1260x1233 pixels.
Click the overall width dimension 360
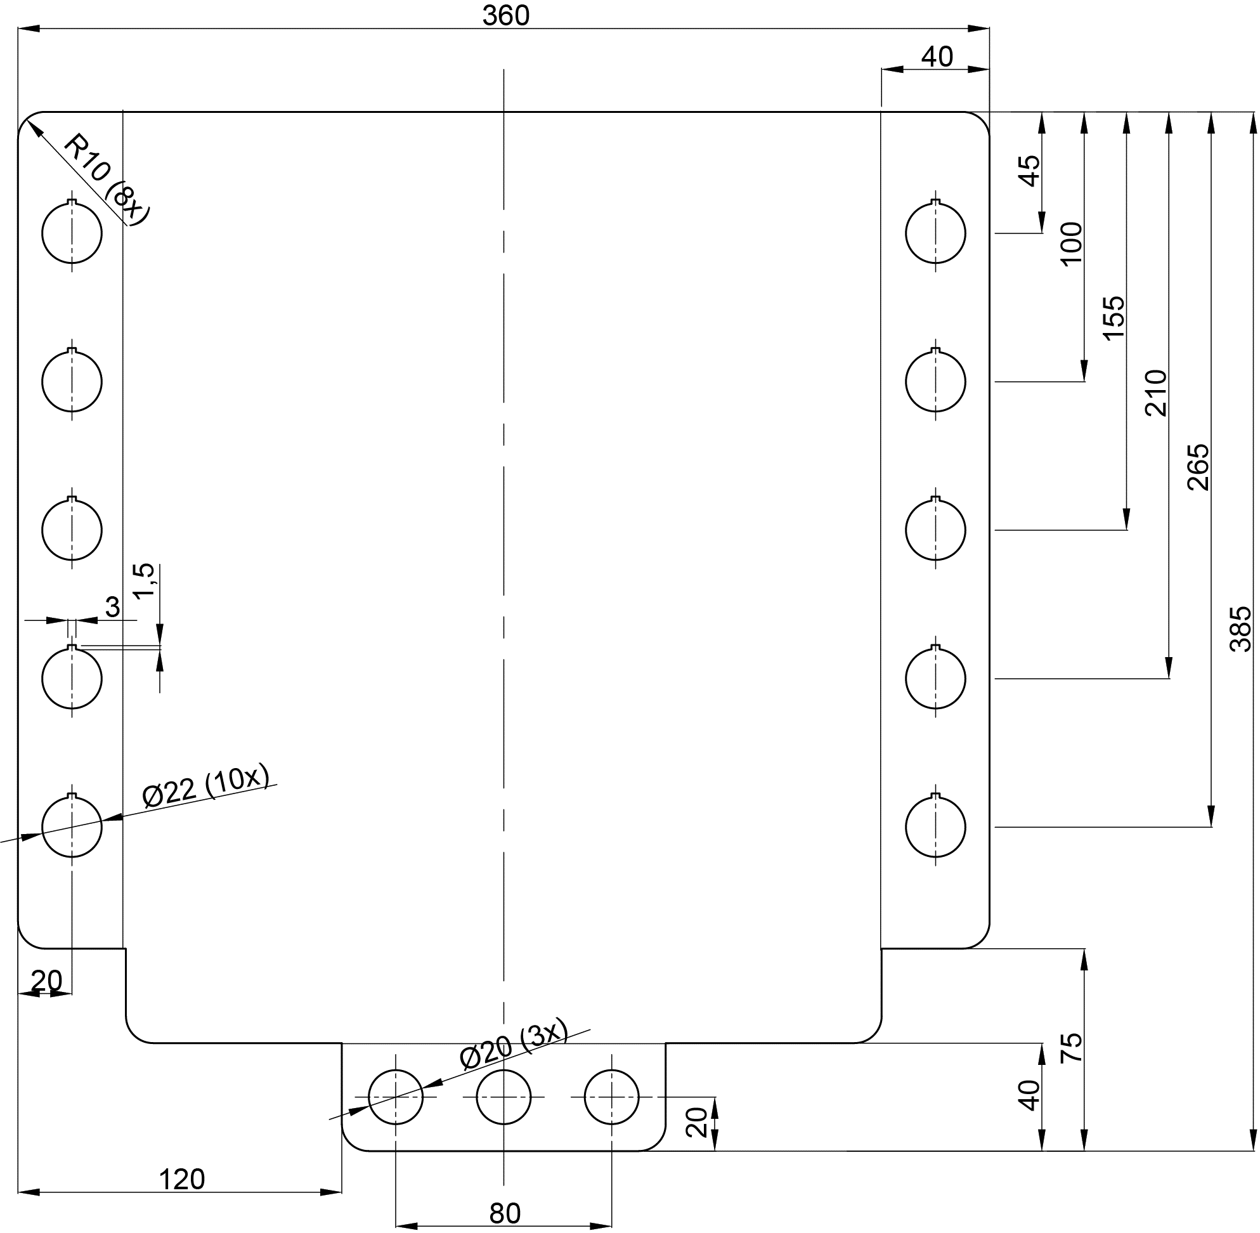tap(505, 16)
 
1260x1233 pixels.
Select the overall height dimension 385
tap(1240, 628)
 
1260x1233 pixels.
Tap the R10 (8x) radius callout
tap(107, 178)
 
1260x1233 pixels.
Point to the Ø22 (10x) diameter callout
tap(205, 788)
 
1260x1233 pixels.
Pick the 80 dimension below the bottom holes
tap(504, 1213)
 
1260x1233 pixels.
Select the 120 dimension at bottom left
tap(182, 1179)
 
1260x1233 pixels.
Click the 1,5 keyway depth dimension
tap(145, 580)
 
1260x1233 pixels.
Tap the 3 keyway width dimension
tap(113, 608)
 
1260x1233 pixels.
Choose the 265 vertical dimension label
tap(1198, 467)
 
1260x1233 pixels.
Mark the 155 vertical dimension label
tap(1114, 318)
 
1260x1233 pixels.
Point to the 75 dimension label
tap(1072, 1047)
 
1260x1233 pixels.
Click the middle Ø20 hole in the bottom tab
tap(503, 1097)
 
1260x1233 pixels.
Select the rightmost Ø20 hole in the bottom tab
tap(611, 1097)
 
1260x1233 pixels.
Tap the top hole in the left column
tap(72, 233)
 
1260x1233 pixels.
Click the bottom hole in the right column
tap(935, 827)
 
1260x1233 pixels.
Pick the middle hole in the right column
tap(935, 530)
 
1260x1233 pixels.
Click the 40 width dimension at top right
tap(936, 58)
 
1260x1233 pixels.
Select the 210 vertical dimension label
tap(1156, 393)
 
